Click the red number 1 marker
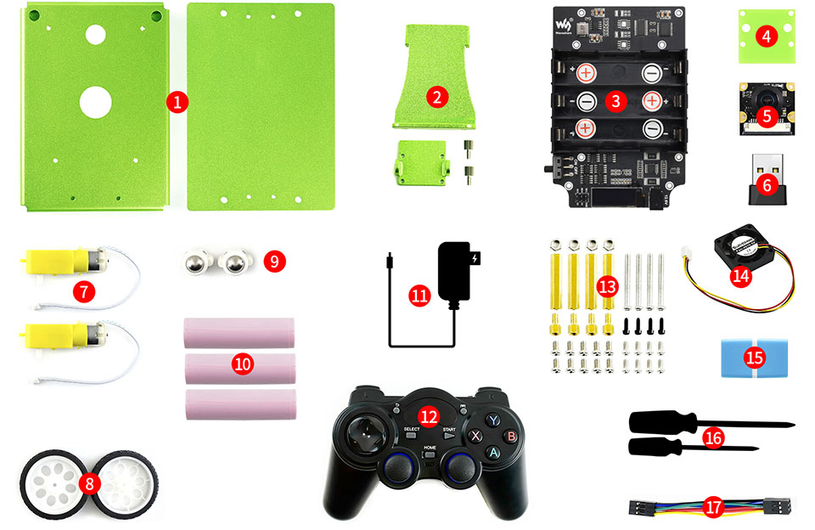(177, 102)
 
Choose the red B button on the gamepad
(511, 437)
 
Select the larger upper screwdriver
(671, 422)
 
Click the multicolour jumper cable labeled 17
(711, 508)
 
